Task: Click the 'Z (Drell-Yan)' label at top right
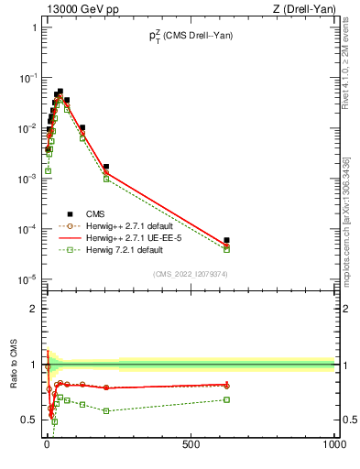[304, 8]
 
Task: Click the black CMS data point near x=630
[226, 240]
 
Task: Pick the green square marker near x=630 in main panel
[226, 249]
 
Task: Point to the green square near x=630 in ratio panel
[226, 399]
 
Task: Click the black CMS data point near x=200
[106, 167]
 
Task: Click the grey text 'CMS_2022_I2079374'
[190, 272]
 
